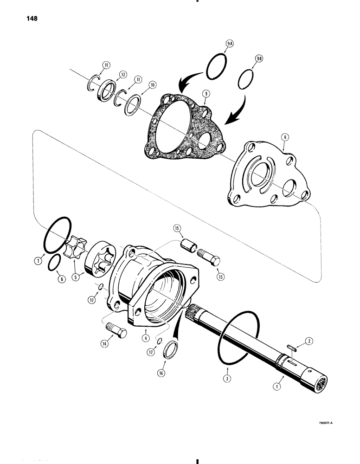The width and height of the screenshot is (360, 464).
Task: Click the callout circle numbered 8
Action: coord(284,137)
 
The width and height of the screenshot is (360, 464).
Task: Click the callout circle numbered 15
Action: coord(177,228)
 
